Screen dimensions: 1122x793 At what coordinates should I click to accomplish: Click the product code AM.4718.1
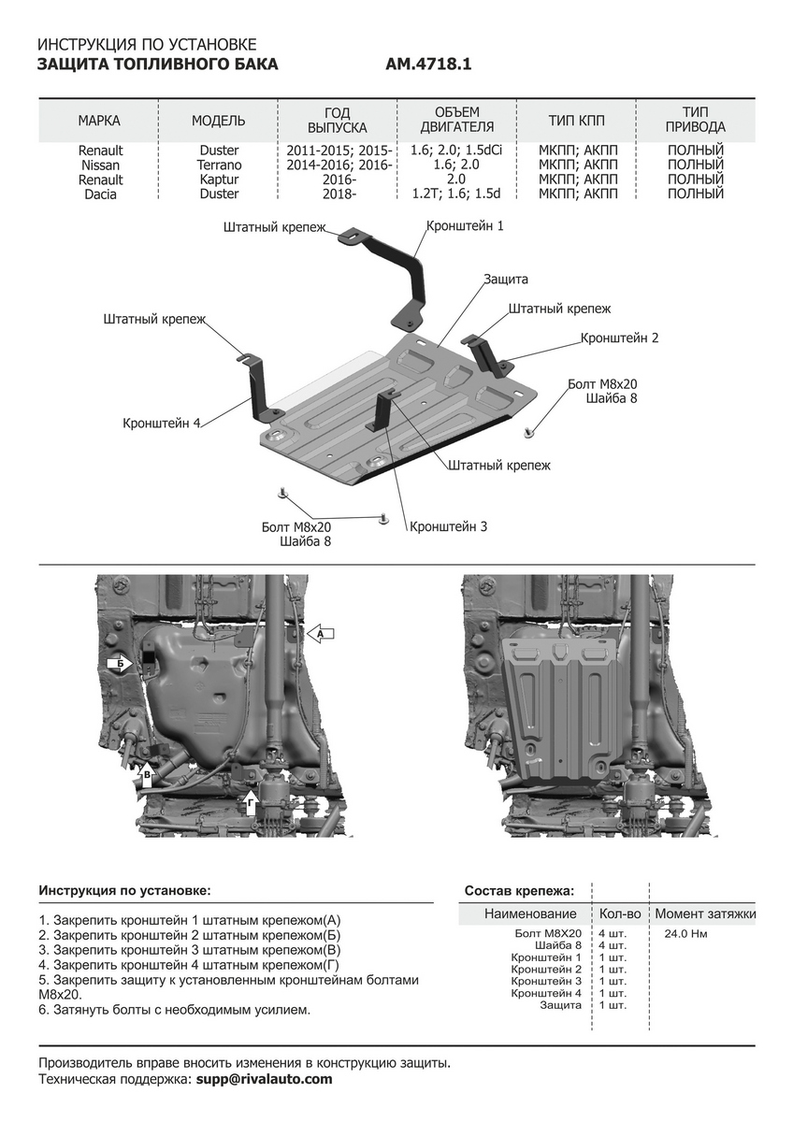point(428,65)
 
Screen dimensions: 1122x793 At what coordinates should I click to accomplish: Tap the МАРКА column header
point(99,121)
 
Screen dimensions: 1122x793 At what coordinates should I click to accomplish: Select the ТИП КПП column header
point(577,121)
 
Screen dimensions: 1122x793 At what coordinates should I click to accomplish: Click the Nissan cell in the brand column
point(100,165)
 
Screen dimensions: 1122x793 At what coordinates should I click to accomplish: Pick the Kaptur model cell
point(219,180)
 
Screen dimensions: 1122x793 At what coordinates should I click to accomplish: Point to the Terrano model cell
point(219,165)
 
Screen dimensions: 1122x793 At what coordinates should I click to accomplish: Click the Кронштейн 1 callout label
point(465,226)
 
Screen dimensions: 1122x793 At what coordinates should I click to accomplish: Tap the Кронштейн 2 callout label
point(619,338)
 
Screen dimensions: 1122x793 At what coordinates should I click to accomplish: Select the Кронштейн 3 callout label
point(448,526)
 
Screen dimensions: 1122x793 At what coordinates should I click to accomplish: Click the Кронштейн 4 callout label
point(162,423)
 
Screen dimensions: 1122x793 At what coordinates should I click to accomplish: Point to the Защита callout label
point(506,279)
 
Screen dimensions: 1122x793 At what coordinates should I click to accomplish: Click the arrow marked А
point(321,634)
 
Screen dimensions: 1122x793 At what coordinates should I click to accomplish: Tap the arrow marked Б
point(121,664)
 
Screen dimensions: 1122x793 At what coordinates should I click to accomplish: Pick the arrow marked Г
point(250,799)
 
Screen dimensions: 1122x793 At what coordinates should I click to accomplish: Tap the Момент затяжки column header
point(705,913)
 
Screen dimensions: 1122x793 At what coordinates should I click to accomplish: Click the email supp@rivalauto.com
point(263,1079)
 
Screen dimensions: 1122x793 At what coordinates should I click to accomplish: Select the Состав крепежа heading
point(519,890)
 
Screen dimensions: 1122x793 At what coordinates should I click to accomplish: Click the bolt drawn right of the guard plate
point(529,432)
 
